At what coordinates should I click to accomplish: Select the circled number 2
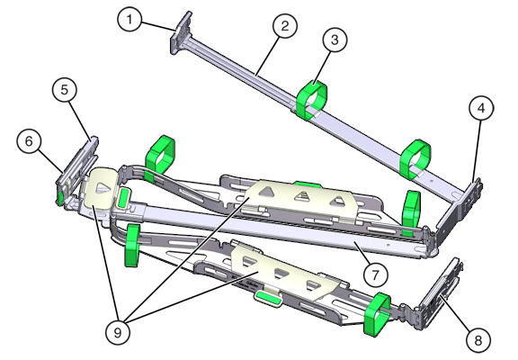click(284, 26)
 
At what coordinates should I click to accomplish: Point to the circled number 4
click(481, 109)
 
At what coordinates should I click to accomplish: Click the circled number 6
click(28, 140)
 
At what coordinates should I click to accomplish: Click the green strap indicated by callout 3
click(311, 100)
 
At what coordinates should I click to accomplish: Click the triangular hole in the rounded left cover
click(105, 190)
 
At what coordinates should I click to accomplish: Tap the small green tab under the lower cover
click(265, 296)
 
